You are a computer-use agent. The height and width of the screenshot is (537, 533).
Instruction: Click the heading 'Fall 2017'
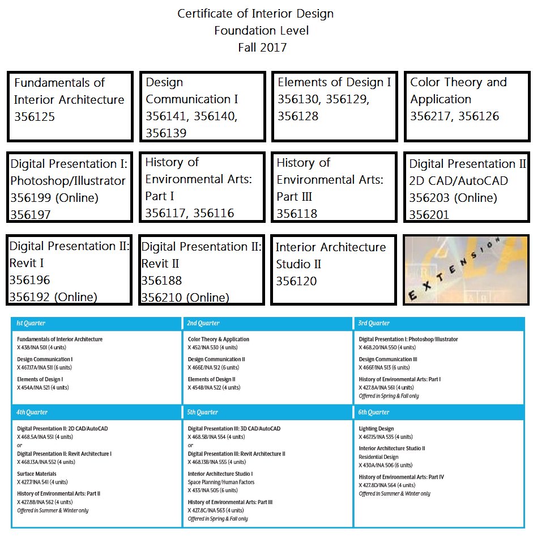point(262,48)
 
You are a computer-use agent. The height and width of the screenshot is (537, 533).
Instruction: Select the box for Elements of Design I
point(334,106)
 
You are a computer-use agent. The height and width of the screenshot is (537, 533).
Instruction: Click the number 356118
point(297,214)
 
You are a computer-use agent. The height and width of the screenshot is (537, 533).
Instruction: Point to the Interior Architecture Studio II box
point(334,270)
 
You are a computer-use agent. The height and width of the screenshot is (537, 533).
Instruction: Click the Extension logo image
point(465,270)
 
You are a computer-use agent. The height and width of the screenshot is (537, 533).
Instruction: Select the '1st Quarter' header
point(31,323)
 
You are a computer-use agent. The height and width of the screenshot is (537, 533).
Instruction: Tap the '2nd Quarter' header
point(204,323)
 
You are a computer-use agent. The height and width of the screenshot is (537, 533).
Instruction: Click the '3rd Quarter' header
point(374,323)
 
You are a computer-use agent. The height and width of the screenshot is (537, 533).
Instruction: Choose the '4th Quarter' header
point(32,412)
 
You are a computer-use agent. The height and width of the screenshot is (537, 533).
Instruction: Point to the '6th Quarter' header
point(374,412)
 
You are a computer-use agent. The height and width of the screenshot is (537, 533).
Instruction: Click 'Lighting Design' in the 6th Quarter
point(376,429)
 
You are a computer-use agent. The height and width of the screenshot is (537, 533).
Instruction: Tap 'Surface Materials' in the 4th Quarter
point(37,474)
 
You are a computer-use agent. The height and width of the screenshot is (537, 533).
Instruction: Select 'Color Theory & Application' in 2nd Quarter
point(219,340)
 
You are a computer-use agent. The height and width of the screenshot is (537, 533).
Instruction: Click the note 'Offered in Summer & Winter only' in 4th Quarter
point(53,510)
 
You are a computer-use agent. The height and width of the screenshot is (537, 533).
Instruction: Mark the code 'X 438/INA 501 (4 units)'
point(43,347)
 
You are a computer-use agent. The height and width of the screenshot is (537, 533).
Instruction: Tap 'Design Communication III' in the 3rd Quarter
point(388,360)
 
